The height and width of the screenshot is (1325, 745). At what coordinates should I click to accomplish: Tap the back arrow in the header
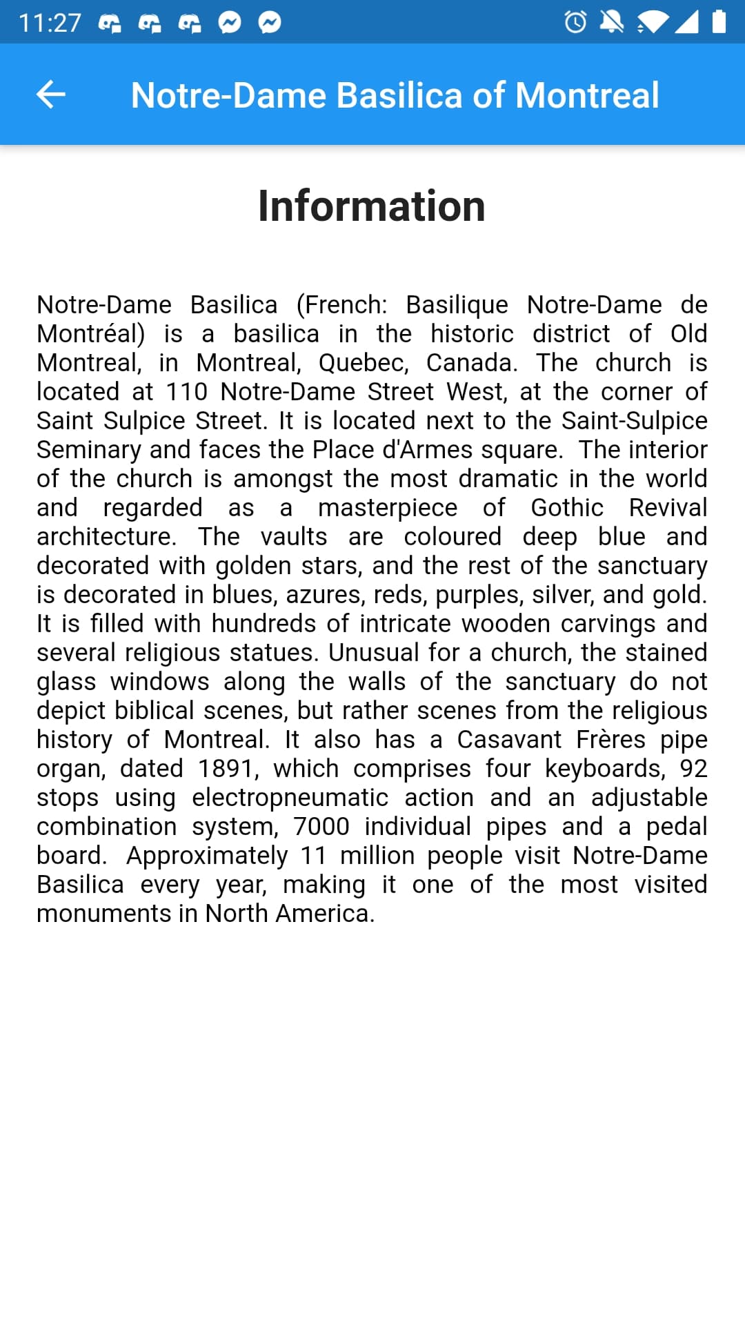(x=50, y=95)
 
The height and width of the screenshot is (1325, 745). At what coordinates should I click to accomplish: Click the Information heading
(x=372, y=206)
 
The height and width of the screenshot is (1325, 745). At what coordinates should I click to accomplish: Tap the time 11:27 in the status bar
(x=50, y=23)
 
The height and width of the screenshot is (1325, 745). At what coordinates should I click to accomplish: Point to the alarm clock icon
(x=575, y=22)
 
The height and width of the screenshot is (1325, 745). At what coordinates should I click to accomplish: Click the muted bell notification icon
(x=611, y=22)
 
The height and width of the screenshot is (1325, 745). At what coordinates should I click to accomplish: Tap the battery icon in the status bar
(x=719, y=22)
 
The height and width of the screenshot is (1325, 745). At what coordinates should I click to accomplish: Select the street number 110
(x=186, y=392)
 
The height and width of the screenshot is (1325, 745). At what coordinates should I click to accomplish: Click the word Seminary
(x=89, y=450)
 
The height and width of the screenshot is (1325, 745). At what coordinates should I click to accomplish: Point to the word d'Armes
(x=428, y=450)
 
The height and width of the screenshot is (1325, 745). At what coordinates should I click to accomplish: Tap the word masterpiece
(x=388, y=508)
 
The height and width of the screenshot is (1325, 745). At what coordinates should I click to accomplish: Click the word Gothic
(x=567, y=508)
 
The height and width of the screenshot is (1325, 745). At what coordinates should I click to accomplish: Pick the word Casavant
(x=509, y=740)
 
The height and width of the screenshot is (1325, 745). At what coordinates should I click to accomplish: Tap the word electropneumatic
(x=290, y=798)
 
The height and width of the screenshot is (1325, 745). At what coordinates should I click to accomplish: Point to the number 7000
(x=321, y=827)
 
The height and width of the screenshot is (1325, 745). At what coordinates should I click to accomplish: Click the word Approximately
(x=207, y=856)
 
